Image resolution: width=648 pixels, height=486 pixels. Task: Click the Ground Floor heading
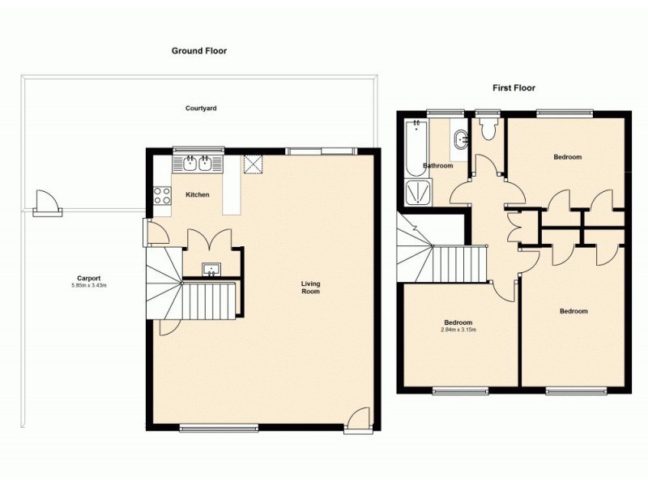(x=198, y=50)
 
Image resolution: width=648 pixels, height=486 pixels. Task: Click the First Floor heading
(x=514, y=87)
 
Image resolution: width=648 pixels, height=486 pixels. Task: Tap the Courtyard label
(x=201, y=108)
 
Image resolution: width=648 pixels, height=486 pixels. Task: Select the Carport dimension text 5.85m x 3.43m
(x=89, y=285)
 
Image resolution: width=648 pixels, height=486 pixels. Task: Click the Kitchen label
(x=198, y=195)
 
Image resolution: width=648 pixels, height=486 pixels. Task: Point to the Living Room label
(x=310, y=287)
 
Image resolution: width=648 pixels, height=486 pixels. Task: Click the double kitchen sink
(x=198, y=164)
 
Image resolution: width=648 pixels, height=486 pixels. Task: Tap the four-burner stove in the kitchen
(x=162, y=195)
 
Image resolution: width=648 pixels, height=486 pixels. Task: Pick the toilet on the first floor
(x=488, y=130)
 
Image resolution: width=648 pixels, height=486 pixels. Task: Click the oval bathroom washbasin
(x=460, y=139)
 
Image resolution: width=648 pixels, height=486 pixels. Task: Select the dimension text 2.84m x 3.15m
(x=458, y=330)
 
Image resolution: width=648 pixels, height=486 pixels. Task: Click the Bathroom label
(x=438, y=166)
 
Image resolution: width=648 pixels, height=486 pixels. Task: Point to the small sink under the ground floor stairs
(x=212, y=269)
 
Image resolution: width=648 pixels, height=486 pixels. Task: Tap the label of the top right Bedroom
(x=568, y=157)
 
